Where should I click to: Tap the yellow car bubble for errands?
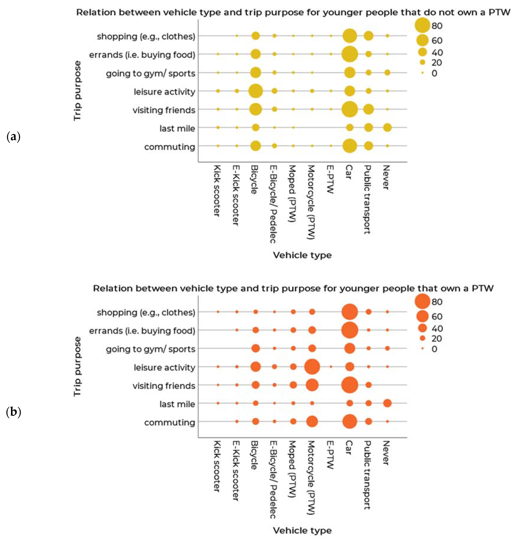[x=350, y=54]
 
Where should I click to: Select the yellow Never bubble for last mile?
[x=387, y=127]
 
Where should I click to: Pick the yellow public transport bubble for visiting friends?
[x=369, y=109]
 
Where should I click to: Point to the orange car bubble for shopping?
[x=350, y=312]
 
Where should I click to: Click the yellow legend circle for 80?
[x=422, y=26]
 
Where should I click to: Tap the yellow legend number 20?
[x=437, y=63]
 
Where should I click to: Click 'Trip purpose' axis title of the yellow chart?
[x=78, y=90]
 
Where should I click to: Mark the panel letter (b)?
[x=13, y=412]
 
